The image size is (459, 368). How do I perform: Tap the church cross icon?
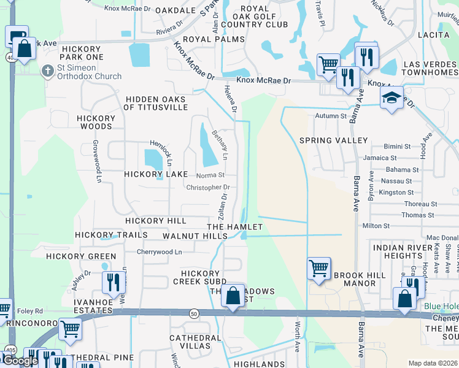(x=47, y=71)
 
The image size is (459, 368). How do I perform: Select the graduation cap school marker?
(x=391, y=98)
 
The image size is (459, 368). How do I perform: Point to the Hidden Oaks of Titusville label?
(x=155, y=103)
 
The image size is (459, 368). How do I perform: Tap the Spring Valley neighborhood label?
(x=333, y=140)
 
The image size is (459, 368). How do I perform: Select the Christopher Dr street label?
(x=208, y=188)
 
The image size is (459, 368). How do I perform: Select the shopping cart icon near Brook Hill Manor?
(x=318, y=268)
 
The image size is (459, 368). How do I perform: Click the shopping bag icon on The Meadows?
(x=233, y=296)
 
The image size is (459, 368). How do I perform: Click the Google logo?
(x=20, y=361)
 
